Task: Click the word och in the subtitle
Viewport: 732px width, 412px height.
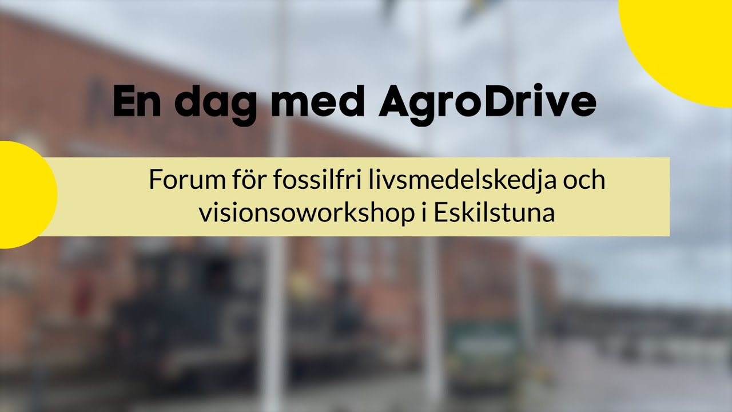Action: [584, 181]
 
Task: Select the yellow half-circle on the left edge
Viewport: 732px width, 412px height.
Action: [23, 195]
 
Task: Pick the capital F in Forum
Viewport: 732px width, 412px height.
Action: [154, 181]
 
